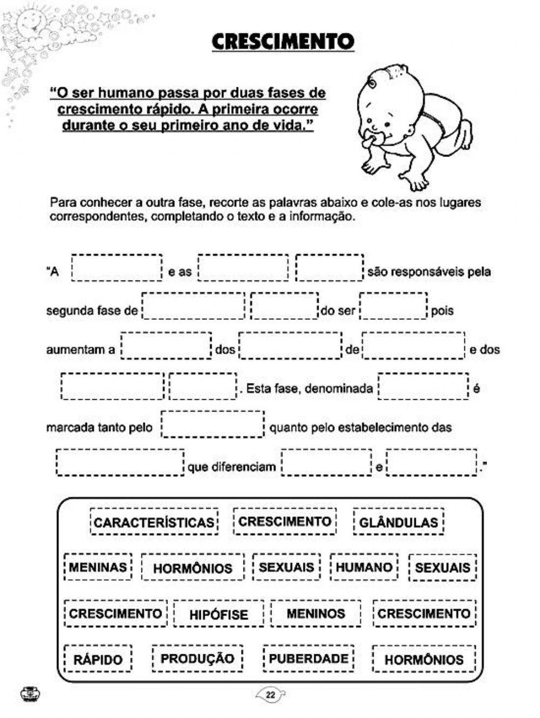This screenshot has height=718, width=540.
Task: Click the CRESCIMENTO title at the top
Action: tap(282, 42)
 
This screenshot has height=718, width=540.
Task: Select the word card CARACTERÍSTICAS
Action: tap(154, 522)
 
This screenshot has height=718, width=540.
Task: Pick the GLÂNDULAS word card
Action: tap(399, 522)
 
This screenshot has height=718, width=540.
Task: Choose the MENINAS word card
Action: tap(98, 567)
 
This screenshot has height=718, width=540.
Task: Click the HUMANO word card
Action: tap(364, 567)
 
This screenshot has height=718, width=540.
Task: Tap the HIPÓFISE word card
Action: tap(219, 614)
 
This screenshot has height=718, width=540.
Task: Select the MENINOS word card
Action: tap(316, 613)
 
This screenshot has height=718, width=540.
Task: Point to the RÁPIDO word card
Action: tap(98, 659)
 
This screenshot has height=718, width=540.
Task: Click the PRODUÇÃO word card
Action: tap(198, 659)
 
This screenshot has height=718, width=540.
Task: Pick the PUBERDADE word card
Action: tap(308, 659)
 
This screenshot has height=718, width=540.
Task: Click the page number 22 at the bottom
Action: tap(271, 695)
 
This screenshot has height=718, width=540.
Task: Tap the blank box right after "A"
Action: tap(117, 268)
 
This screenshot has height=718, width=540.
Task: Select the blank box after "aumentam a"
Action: tap(166, 346)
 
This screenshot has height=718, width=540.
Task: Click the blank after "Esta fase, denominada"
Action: tap(423, 386)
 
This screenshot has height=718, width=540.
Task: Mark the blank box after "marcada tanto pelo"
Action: tap(212, 425)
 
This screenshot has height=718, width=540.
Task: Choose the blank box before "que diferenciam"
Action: tap(120, 463)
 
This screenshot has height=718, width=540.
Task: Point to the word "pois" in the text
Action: tap(442, 311)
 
